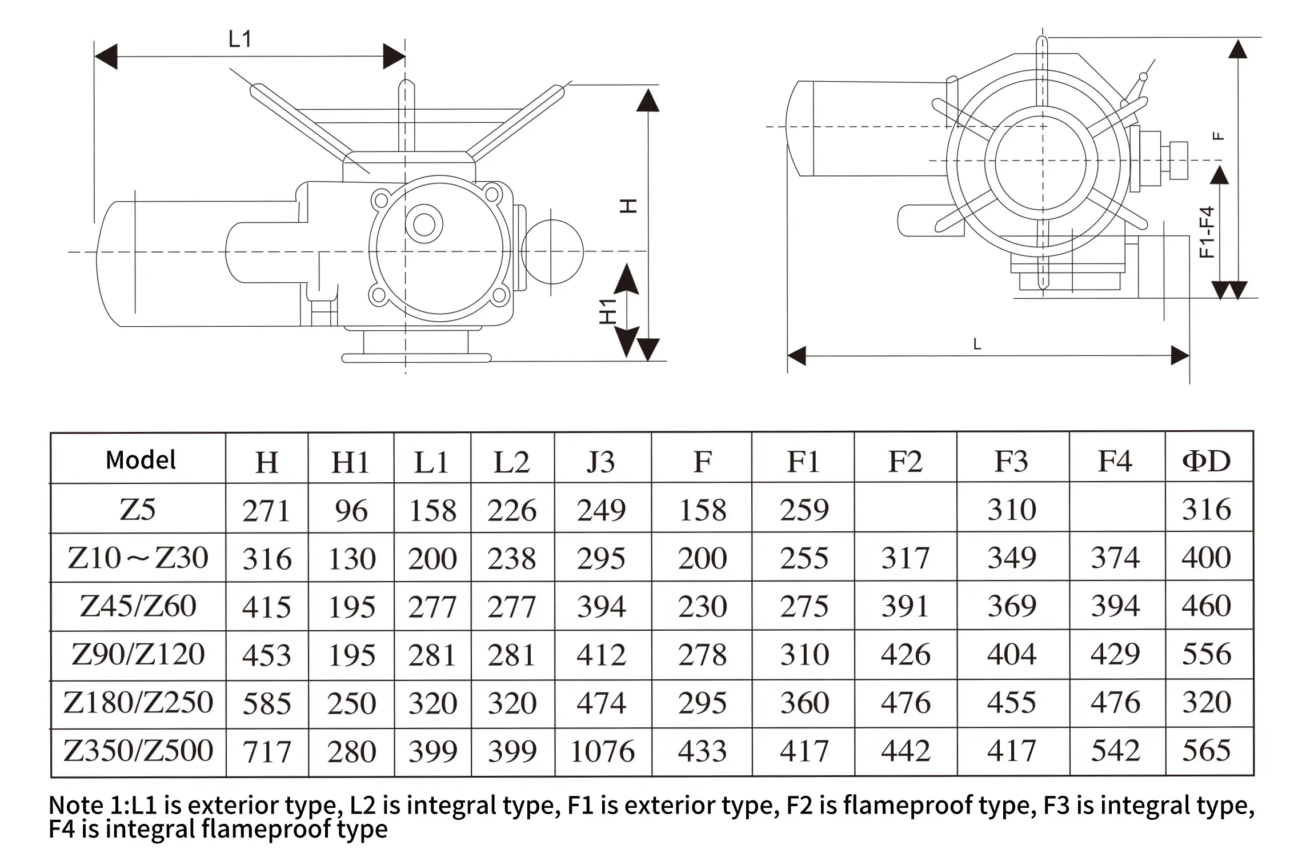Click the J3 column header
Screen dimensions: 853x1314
pos(601,461)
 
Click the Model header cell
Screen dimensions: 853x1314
pos(141,460)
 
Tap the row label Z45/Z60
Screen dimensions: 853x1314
pos(138,606)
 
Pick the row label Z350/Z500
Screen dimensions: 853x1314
pos(138,751)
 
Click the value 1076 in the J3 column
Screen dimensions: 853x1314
pos(602,751)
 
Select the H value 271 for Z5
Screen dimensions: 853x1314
pos(266,510)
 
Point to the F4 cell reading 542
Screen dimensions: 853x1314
pos(1115,751)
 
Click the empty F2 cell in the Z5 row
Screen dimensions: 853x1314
pos(905,508)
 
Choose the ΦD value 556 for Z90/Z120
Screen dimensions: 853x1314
pos(1206,654)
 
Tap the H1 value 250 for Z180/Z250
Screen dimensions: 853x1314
pos(351,703)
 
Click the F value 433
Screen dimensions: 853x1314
pos(702,751)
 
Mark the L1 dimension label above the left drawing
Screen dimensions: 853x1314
pos(239,39)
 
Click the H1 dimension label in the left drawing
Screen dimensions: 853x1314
pos(608,311)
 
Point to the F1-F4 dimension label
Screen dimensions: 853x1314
pos(1206,232)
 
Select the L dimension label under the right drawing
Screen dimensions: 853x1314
pos(977,344)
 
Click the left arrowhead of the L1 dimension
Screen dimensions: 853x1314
pos(105,57)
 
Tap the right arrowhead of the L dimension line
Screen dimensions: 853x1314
pos(1180,356)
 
